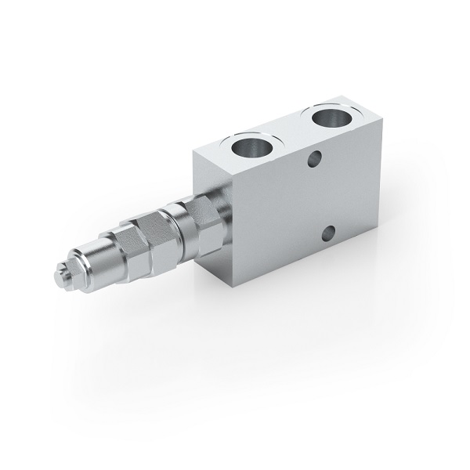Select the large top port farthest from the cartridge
pyautogui.click(x=332, y=120)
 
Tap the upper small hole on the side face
pyautogui.click(x=315, y=160)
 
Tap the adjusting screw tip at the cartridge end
pyautogui.click(x=58, y=275)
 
